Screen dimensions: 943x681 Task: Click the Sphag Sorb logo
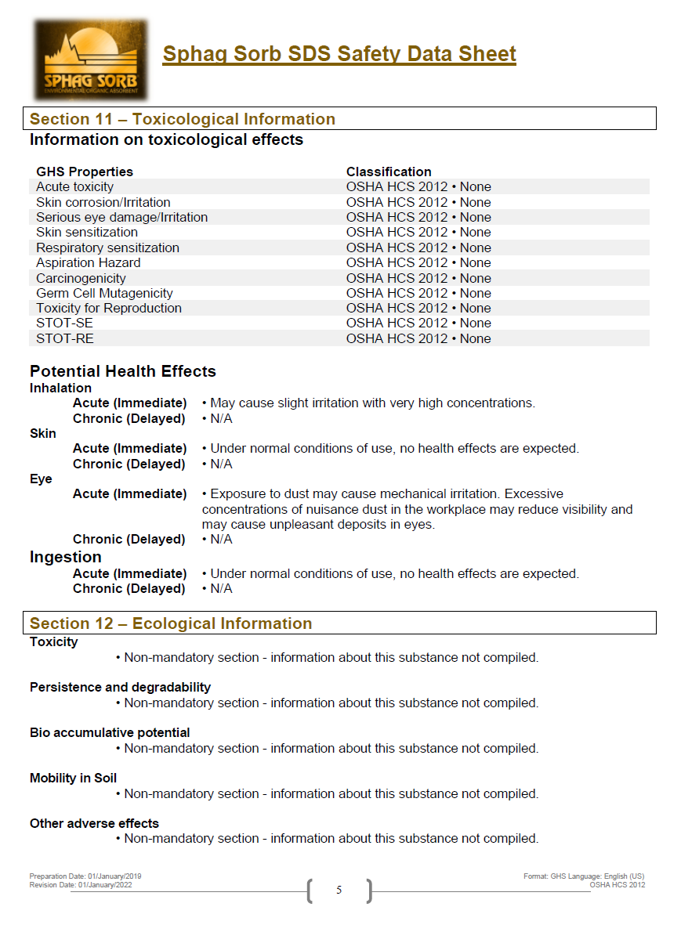[90, 59]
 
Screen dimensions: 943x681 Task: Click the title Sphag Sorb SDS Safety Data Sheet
[339, 54]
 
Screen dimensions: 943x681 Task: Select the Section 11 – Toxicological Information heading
[183, 119]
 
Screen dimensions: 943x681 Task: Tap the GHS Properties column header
[85, 172]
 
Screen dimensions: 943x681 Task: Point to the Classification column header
[389, 172]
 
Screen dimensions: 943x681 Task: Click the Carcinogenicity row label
[81, 278]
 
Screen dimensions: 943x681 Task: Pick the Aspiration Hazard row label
[89, 262]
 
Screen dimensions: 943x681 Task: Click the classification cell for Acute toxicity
[418, 186]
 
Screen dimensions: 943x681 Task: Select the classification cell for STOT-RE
[418, 338]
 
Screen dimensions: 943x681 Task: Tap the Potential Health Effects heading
[123, 371]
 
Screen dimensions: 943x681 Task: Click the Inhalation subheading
[60, 388]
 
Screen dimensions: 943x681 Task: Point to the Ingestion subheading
[66, 557]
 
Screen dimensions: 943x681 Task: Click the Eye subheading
[41, 479]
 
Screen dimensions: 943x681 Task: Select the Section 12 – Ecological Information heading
[171, 623]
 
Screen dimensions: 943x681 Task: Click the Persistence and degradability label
[120, 687]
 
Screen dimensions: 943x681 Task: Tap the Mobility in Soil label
[73, 778]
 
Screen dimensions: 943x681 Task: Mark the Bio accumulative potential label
[110, 732]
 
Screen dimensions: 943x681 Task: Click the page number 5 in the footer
[339, 890]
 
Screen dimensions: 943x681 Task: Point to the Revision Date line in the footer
[81, 885]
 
